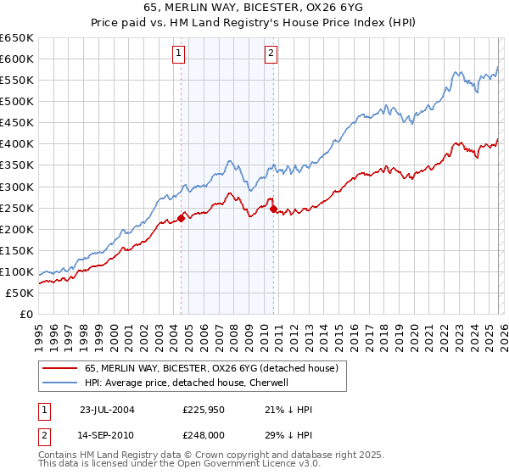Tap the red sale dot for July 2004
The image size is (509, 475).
(182, 218)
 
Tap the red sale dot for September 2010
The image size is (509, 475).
(273, 209)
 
